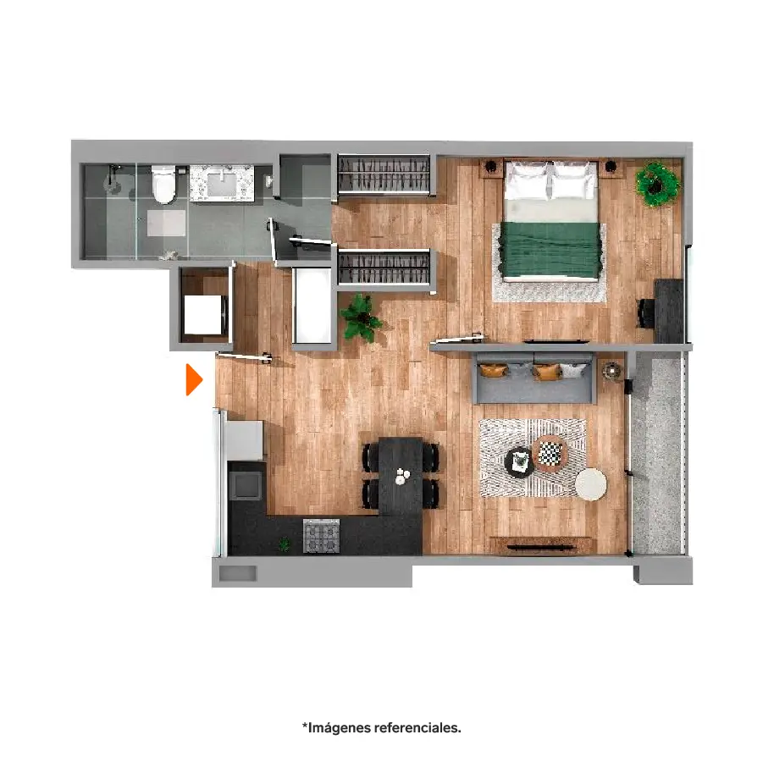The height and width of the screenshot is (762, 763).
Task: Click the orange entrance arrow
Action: coord(194,379)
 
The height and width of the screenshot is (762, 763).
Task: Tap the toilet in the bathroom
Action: coord(163,185)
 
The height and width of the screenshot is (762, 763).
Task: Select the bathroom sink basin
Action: coord(222,185)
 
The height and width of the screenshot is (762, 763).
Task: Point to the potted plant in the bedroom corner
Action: coord(658,184)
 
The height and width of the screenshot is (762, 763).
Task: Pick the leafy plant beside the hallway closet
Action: coord(361,317)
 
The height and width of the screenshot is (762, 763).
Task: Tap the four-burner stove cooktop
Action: coord(321,536)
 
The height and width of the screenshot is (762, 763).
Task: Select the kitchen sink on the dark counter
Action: coord(246,484)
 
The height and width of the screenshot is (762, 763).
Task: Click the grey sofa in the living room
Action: coord(535,378)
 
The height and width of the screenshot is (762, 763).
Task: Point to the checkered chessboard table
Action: coord(550,454)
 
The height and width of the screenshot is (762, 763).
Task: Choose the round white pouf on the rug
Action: coord(591,484)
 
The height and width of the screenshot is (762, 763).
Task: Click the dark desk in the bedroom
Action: coord(669,311)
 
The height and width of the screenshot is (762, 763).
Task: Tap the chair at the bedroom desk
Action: coord(646,313)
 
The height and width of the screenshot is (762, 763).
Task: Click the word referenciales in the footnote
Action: coord(417,728)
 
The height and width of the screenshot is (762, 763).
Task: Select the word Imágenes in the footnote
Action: coord(338,728)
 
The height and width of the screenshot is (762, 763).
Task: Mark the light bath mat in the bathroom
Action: coord(167,223)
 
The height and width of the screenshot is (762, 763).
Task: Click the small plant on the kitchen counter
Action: coord(284,544)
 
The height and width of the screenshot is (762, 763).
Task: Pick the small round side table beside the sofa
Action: coord(611,372)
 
